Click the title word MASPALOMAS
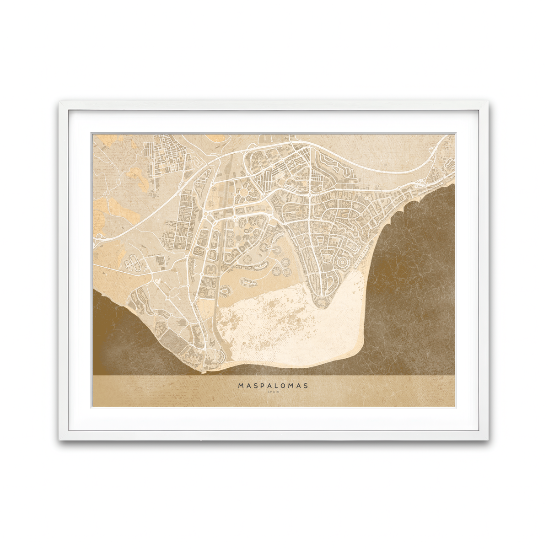click(273, 386)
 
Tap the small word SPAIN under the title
click(273, 392)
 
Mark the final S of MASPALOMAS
click(306, 386)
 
